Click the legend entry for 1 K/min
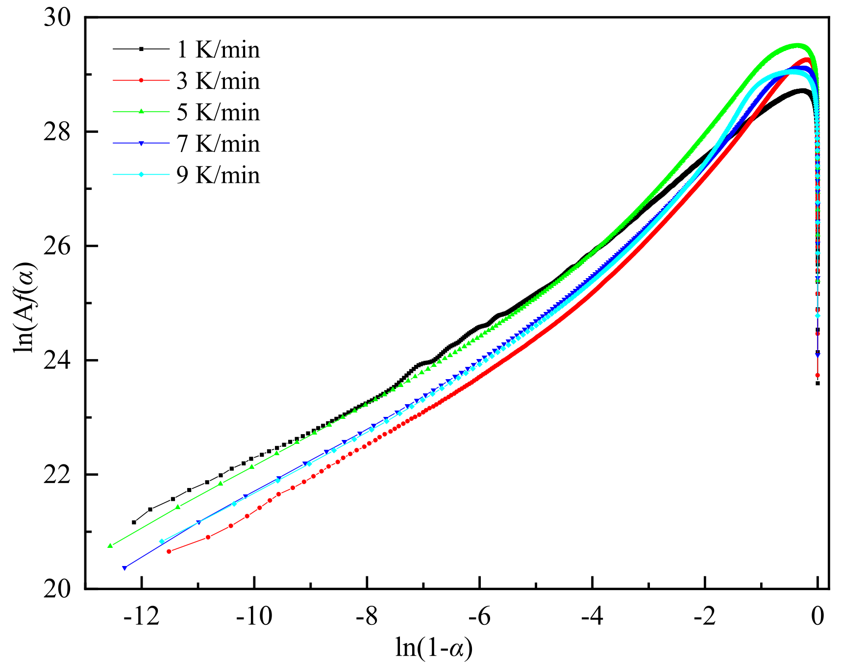click(x=218, y=50)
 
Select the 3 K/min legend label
click(x=218, y=81)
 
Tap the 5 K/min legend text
click(x=218, y=112)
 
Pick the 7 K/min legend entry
click(x=218, y=144)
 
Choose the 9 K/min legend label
click(x=218, y=175)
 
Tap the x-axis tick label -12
click(x=141, y=616)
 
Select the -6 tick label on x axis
click(x=479, y=616)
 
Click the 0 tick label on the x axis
click(x=817, y=616)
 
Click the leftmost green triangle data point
click(x=110, y=545)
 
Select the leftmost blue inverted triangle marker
click(x=124, y=568)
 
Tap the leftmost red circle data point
click(x=169, y=551)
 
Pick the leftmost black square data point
click(x=134, y=522)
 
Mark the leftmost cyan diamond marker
click(x=162, y=541)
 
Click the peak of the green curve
click(x=798, y=46)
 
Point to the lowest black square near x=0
click(x=817, y=383)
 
